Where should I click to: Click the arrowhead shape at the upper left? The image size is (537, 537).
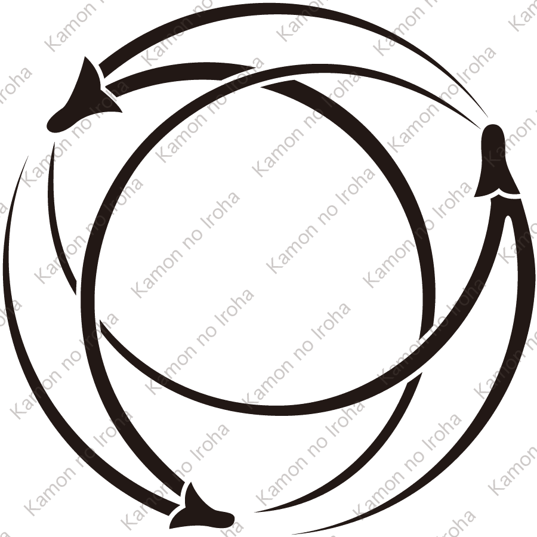point(84,98)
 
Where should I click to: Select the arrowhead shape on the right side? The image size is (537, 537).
point(493,167)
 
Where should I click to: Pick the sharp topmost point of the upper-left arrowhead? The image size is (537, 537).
point(87,58)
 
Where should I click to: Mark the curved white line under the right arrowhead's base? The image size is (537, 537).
point(499,195)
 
